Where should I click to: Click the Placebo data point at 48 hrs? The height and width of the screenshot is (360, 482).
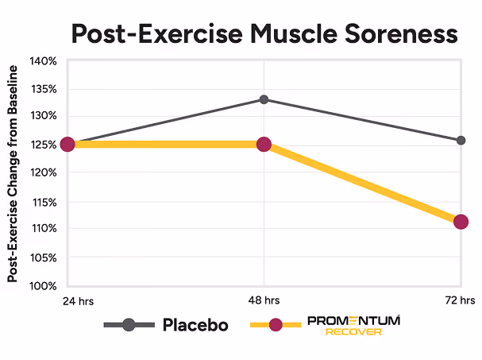tap(264, 99)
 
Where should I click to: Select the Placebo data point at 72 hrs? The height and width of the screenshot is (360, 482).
tap(461, 141)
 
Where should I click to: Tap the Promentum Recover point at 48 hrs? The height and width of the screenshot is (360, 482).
tap(264, 145)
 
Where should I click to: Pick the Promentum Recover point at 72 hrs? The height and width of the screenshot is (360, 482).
tap(461, 222)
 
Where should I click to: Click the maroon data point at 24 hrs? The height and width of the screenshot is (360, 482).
tap(67, 145)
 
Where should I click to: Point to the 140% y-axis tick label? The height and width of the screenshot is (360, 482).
tap(44, 61)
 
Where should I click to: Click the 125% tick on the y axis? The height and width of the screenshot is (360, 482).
tap(44, 145)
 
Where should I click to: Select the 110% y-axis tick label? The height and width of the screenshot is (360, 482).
tap(44, 229)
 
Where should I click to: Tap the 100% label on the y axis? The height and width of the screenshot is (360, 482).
tap(44, 286)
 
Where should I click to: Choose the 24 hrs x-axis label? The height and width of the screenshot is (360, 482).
tap(78, 301)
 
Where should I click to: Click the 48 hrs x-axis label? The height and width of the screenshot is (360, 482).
tap(264, 300)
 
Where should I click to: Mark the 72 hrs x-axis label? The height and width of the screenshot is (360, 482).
tap(460, 300)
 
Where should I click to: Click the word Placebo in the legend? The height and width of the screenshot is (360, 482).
tap(195, 325)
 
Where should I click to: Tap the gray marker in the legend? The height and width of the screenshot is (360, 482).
tap(129, 324)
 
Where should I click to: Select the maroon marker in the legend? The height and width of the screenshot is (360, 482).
tap(276, 324)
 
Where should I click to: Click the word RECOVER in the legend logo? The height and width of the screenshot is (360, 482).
tap(353, 332)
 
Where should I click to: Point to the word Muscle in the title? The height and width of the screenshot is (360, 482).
tap(294, 33)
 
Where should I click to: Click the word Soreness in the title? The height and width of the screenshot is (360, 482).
tap(401, 33)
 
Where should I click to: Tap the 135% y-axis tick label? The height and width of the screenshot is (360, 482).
tap(44, 90)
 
